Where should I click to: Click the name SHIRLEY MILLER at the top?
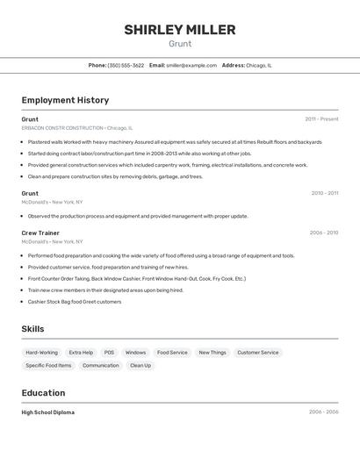point(179,30)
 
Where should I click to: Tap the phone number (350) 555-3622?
point(126,65)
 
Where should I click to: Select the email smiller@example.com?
point(191,65)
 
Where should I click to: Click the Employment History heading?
point(65,100)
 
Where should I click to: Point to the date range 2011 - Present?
point(321,118)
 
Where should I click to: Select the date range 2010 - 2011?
point(324,193)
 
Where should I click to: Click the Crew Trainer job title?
point(40,232)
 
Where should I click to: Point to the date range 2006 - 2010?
point(323,232)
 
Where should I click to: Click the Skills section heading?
point(33,328)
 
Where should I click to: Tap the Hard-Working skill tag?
point(41,353)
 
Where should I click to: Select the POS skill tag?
point(109,353)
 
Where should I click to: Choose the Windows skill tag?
point(135,353)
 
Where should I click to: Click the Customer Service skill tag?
point(257,353)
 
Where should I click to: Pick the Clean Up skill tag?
point(140,365)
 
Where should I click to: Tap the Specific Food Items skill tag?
point(48,365)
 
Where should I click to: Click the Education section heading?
point(43,393)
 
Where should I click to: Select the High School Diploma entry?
point(48,412)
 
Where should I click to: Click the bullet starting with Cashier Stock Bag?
point(75,301)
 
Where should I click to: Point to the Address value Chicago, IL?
point(259,65)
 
